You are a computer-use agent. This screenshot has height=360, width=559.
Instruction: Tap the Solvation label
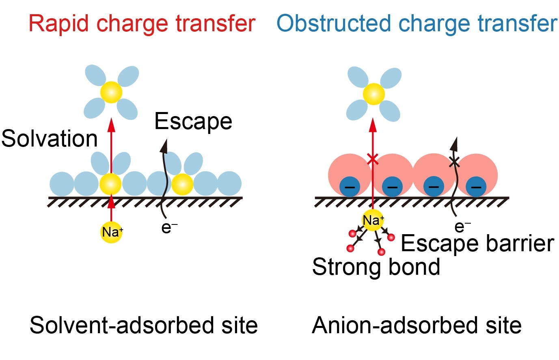[50, 139]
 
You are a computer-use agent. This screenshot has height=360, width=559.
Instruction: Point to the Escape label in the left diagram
[193, 121]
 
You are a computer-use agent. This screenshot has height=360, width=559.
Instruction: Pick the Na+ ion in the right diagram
[373, 220]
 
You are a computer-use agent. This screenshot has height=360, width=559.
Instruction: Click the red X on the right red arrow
[373, 159]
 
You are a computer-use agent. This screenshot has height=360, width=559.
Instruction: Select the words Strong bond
[376, 267]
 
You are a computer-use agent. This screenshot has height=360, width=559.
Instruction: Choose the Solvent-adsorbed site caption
[144, 326]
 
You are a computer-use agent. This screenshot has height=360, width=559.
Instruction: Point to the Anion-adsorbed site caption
[417, 326]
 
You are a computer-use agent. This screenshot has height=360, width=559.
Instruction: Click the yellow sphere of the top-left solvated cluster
[111, 92]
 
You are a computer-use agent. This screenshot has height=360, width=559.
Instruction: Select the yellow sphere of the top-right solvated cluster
[373, 94]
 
